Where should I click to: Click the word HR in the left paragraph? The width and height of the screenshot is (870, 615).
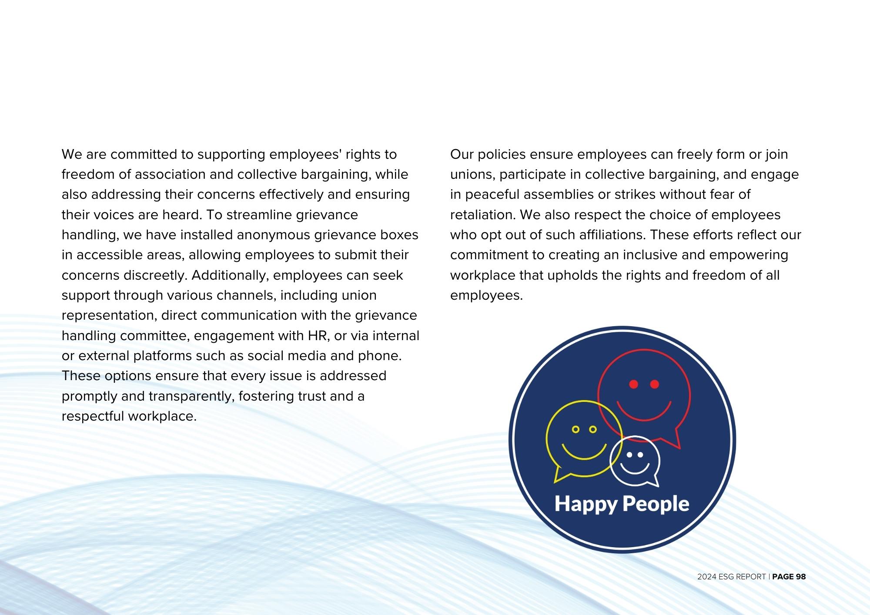click(x=319, y=336)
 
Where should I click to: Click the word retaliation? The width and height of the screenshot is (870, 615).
click(x=482, y=215)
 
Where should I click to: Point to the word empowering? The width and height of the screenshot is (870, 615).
click(x=748, y=255)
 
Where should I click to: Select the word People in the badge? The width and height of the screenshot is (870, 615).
click(x=656, y=504)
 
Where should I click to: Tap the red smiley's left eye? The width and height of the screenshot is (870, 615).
click(x=634, y=384)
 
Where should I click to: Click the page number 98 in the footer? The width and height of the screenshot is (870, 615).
click(x=801, y=577)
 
